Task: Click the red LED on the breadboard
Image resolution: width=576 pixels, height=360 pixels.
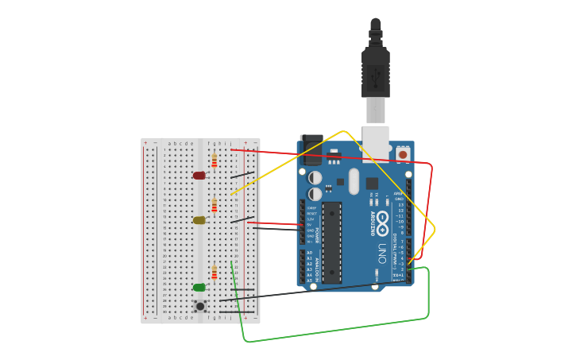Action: pos(199,176)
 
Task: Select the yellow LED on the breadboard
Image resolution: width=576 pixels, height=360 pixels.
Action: pos(199,220)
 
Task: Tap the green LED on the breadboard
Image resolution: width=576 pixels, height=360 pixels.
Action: pos(199,288)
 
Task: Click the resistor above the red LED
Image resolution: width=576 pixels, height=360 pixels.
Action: pos(214,161)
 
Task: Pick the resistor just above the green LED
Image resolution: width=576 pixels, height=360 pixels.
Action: pos(214,273)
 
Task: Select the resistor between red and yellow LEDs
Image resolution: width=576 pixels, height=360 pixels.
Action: pos(214,205)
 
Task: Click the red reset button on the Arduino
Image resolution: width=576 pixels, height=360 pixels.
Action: pos(403,154)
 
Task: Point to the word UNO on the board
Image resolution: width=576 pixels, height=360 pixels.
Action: pos(382,254)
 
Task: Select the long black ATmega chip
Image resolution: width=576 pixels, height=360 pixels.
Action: pos(331,242)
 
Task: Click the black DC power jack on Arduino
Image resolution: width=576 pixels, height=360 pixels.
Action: pos(311,149)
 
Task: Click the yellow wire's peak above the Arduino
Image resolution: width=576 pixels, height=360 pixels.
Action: pos(343,132)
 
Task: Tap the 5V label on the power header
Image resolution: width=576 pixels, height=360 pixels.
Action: pos(311,225)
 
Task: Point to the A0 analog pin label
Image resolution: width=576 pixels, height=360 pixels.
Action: pos(310,253)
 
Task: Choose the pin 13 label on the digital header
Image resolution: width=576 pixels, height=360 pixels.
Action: pos(401,204)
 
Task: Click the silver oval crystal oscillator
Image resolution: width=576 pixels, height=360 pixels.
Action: pos(354,181)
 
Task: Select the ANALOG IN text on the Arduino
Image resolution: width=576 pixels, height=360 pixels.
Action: pos(316,266)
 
